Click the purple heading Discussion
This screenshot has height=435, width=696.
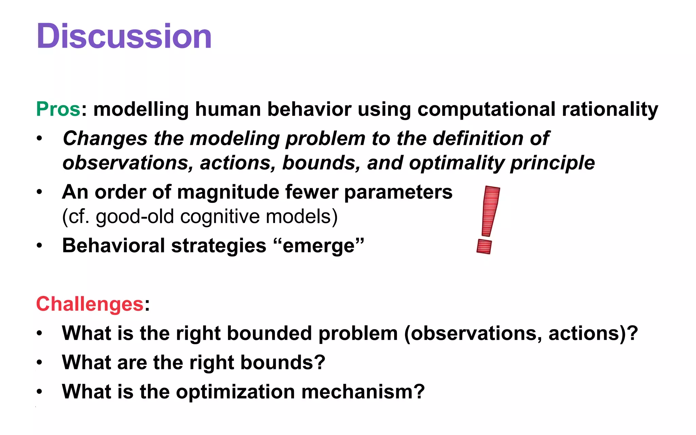[x=124, y=36]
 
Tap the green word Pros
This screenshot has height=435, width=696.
[x=58, y=109]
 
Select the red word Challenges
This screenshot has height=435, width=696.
[x=90, y=303]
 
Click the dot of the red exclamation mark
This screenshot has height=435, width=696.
[x=484, y=246]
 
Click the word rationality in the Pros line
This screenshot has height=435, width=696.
[x=610, y=109]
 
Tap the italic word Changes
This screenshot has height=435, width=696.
[x=105, y=138]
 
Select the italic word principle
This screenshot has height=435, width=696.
[x=552, y=163]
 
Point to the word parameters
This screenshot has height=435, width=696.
[x=398, y=192]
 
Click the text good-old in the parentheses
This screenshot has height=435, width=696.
[x=135, y=216]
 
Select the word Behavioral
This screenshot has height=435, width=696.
[x=114, y=246]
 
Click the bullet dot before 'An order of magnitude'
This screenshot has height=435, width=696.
[x=40, y=192]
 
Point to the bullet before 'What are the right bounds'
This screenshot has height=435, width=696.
[x=40, y=362]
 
